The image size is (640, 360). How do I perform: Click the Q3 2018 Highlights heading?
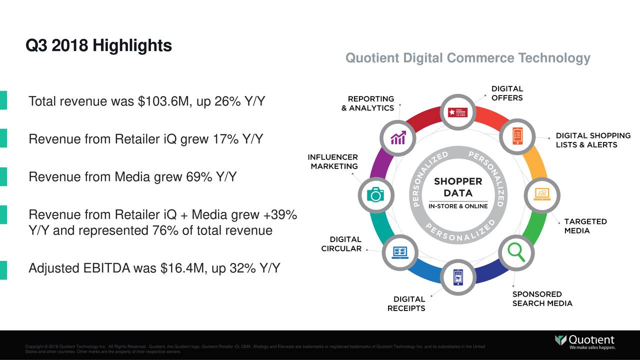click(98, 46)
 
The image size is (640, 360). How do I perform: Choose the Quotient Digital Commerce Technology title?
click(467, 58)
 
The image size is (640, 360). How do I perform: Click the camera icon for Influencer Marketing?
click(375, 194)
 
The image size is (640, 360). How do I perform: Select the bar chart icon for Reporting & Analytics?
click(398, 137)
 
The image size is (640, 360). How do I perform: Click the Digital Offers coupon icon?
click(458, 111)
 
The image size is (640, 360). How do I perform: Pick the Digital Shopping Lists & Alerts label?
click(593, 140)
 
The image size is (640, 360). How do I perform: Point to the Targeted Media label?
click(585, 226)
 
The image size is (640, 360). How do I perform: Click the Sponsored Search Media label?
click(542, 298)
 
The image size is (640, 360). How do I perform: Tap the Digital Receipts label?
click(406, 303)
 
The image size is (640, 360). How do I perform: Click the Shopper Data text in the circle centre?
click(457, 187)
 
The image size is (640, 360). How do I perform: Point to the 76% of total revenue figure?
click(161, 231)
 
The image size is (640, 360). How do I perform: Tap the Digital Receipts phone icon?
click(458, 276)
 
